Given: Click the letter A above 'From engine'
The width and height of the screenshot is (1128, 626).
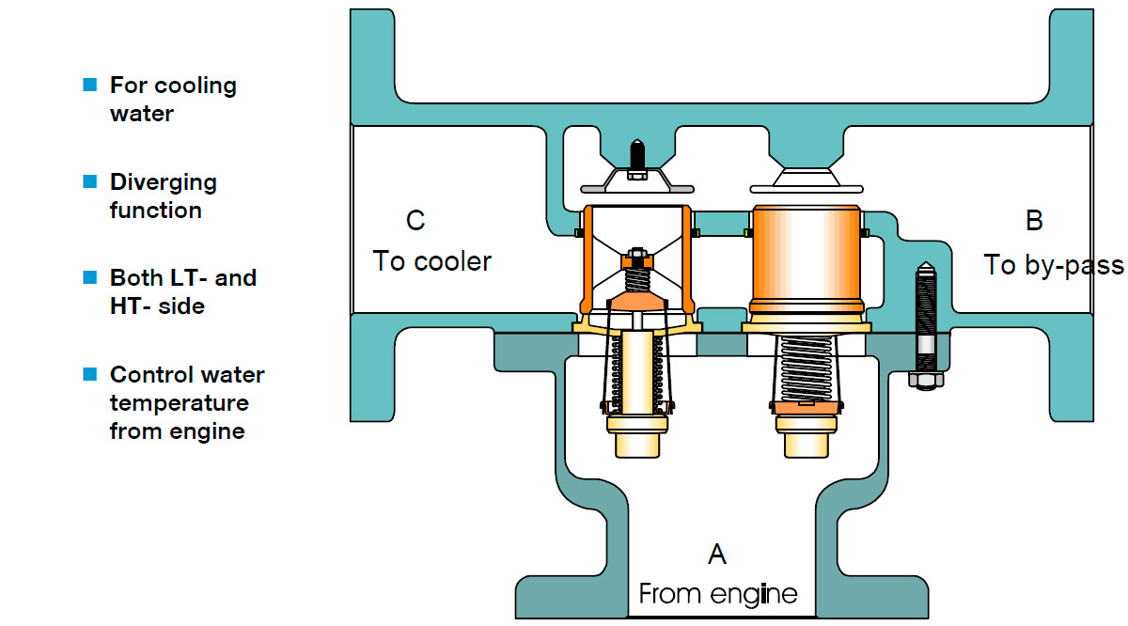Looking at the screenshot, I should tap(716, 555).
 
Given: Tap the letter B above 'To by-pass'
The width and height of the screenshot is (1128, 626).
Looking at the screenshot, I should tap(1033, 221).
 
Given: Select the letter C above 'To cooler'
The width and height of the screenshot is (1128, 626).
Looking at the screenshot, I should tap(415, 221).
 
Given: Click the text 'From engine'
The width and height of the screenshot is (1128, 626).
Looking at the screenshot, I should tap(717, 594).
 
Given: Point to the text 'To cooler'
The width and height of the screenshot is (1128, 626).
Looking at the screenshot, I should tap(431, 260).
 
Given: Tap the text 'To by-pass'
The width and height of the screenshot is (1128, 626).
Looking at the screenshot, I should tap(1053, 265).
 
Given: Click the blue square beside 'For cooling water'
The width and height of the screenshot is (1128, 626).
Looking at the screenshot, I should tap(90, 85).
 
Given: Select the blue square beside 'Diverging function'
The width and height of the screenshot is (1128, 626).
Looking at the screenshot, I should tap(90, 180).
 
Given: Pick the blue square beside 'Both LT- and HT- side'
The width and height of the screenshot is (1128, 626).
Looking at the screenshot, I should tap(90, 277).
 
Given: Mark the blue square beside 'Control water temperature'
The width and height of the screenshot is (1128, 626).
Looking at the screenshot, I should tap(90, 374).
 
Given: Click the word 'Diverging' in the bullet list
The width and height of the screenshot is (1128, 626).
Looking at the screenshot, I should tap(163, 181).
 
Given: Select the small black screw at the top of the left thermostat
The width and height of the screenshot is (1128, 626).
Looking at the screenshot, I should tap(636, 152).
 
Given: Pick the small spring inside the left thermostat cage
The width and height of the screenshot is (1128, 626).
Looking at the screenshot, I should tap(637, 279).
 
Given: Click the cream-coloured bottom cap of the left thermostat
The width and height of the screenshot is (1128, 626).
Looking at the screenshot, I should tap(637, 437).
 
